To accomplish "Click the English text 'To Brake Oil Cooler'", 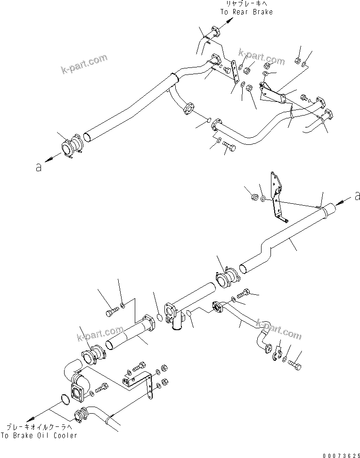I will [x=39, y=435].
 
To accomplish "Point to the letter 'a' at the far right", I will [x=357, y=195].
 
